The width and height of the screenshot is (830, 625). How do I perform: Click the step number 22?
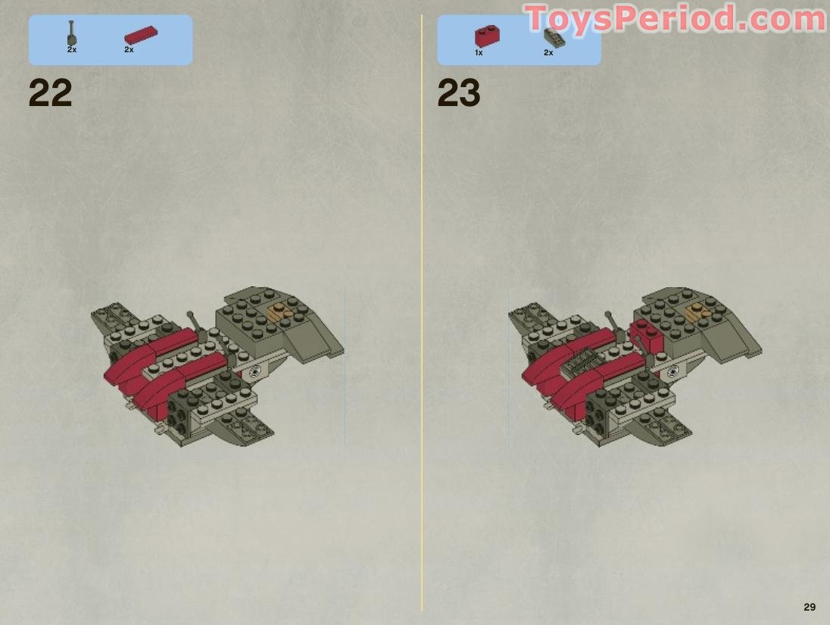50,93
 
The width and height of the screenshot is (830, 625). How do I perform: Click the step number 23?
458,93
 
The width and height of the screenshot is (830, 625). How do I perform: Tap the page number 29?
810,607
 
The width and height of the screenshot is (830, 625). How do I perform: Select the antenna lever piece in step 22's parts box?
71,33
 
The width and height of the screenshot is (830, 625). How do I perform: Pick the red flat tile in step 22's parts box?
141,35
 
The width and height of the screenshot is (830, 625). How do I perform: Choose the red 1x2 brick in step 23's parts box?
487,36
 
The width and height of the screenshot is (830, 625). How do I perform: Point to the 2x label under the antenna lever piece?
72,50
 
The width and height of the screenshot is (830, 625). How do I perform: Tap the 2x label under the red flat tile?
129,50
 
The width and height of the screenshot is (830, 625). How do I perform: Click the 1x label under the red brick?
479,53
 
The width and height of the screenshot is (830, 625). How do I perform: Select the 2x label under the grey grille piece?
548,53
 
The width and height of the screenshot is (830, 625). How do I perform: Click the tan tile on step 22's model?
279,313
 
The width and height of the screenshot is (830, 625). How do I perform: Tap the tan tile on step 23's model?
698,313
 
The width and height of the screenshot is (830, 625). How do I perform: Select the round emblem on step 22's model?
255,371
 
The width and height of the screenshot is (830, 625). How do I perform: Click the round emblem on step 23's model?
672,371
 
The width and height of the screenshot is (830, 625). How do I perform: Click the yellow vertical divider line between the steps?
422,312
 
